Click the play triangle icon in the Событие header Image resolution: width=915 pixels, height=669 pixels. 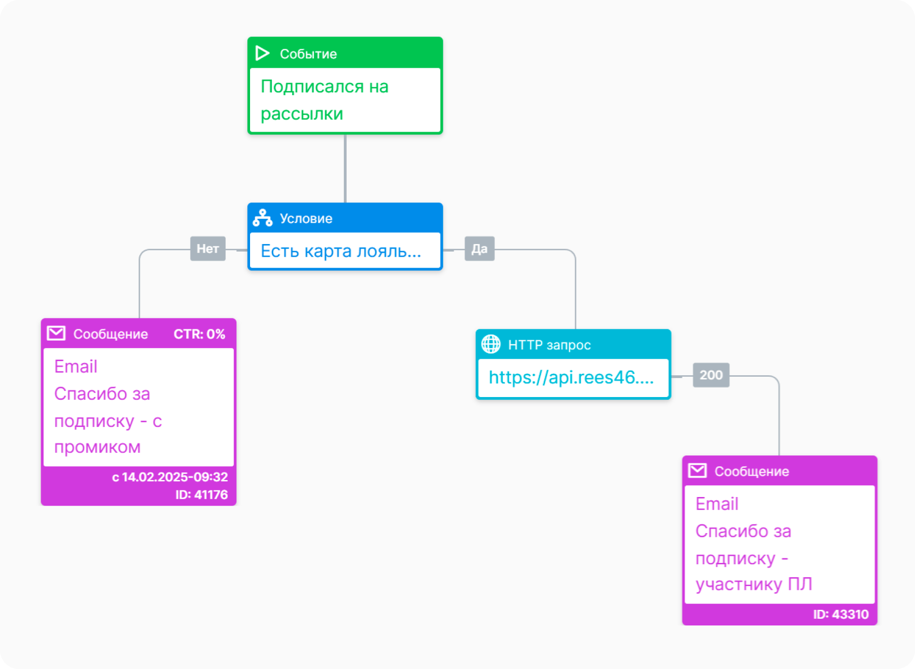click(x=262, y=53)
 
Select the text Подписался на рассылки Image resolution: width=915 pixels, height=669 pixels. click(x=324, y=100)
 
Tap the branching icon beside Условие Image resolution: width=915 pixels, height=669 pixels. click(x=262, y=218)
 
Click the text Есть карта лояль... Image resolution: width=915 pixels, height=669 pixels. click(x=341, y=251)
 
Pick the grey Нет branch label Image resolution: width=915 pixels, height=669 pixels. click(x=208, y=249)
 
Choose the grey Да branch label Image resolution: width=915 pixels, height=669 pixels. click(x=479, y=249)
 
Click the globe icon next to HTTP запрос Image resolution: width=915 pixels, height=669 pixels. click(x=491, y=344)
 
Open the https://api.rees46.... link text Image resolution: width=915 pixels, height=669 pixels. click(x=571, y=378)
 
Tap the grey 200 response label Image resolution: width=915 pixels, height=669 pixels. click(x=711, y=375)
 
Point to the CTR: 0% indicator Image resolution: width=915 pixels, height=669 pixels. click(x=199, y=334)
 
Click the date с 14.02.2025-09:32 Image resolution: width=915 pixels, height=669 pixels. click(x=170, y=477)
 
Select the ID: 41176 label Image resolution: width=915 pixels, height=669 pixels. click(x=202, y=495)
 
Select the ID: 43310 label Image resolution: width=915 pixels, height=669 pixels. click(x=841, y=615)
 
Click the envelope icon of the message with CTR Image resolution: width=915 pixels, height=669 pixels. click(x=56, y=333)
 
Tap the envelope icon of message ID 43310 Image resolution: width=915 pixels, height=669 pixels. click(x=698, y=470)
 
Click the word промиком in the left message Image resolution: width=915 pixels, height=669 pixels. click(x=97, y=447)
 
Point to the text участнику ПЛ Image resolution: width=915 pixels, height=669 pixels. click(x=754, y=584)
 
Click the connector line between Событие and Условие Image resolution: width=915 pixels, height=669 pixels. click(x=345, y=169)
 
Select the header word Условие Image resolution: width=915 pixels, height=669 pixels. click(x=306, y=218)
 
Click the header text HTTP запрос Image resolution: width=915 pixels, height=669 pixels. click(x=549, y=345)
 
